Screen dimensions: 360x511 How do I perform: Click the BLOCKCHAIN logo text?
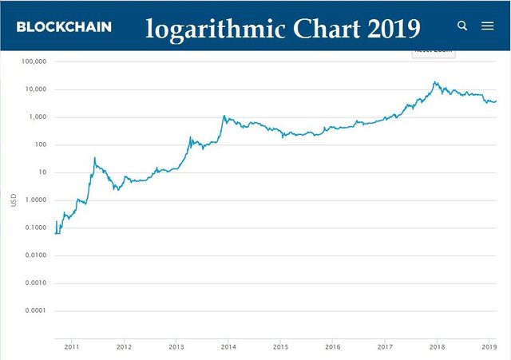(x=64, y=26)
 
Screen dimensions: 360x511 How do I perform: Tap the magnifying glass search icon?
(x=462, y=26)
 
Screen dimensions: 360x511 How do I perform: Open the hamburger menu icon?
(x=488, y=26)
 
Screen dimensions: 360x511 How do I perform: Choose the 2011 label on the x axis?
(x=71, y=347)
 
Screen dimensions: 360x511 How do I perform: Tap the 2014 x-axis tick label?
(x=228, y=347)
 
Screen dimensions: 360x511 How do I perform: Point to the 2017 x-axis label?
(x=385, y=347)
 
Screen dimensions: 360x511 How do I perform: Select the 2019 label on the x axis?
(x=489, y=347)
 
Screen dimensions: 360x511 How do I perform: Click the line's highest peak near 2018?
(x=435, y=81)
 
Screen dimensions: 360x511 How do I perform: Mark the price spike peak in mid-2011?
(x=95, y=158)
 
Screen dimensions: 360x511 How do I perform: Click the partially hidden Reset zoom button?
(x=433, y=51)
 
